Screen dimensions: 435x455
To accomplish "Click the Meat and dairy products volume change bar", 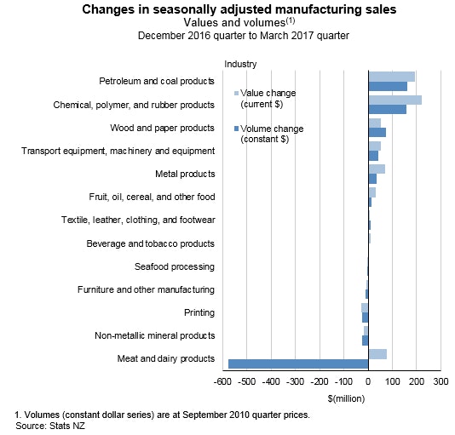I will pyautogui.click(x=298, y=364).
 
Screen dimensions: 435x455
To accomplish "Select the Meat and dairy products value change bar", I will pyautogui.click(x=377, y=354).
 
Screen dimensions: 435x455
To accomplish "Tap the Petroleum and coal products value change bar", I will pyautogui.click(x=391, y=77).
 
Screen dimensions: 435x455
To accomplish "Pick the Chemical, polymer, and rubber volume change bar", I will pyautogui.click(x=387, y=110).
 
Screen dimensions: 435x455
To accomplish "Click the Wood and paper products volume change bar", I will pyautogui.click(x=377, y=133).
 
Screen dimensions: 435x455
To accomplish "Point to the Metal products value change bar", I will pyautogui.click(x=377, y=169).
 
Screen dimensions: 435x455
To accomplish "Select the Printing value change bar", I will pyautogui.click(x=365, y=307).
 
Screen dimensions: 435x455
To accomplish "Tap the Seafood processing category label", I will pyautogui.click(x=177, y=266).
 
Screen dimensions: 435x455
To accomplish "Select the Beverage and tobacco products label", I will pyautogui.click(x=151, y=243).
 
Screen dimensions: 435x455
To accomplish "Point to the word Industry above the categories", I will pyautogui.click(x=240, y=64).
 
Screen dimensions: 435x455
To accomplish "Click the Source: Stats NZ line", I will pyautogui.click(x=50, y=426).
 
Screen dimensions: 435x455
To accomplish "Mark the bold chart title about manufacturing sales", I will pyautogui.click(x=227, y=10).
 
